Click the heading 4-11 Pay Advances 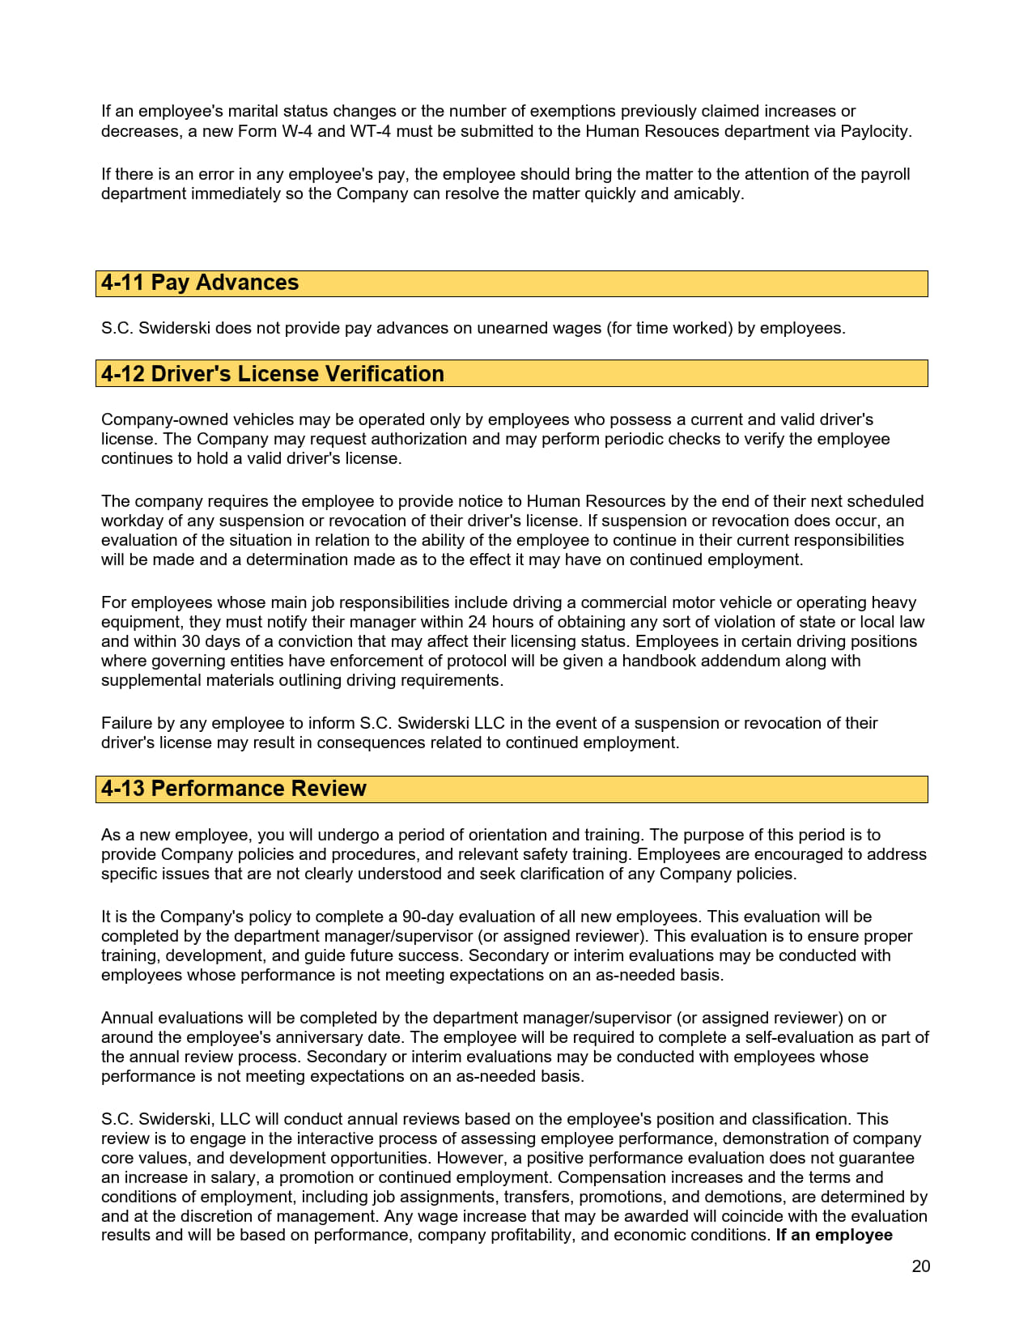[200, 283]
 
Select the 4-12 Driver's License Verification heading [273, 374]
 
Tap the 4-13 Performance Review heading [234, 789]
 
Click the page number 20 [920, 1266]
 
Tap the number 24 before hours [478, 622]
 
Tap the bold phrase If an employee [834, 1235]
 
